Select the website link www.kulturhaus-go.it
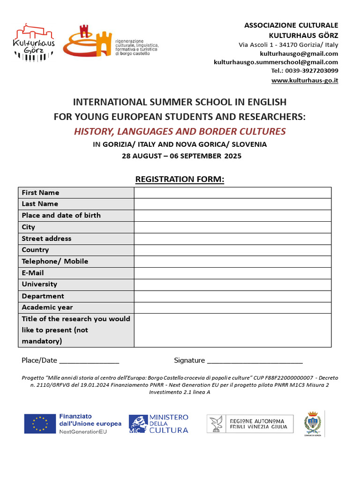pos(305,80)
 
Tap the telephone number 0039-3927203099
pos(311,71)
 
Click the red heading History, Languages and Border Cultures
pos(180,131)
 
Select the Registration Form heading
pos(180,179)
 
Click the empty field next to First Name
pos(232,193)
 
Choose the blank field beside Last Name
pos(232,204)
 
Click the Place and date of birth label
pos(61,216)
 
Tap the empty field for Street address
pos(232,239)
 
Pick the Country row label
pos(35,250)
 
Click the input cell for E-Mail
pos(232,273)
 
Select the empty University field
pos(232,285)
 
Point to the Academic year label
pos(47,307)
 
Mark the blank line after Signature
pos(255,361)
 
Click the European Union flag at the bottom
pos(40,424)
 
